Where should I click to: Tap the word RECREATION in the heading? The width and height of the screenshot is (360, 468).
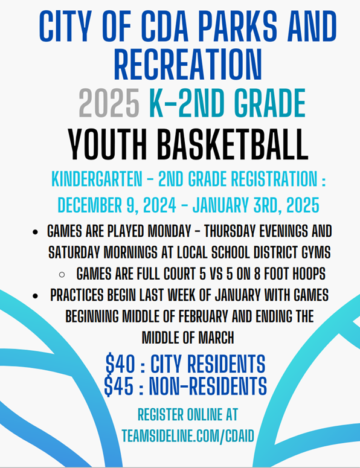(188, 65)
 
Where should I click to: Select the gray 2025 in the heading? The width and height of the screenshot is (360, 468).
(109, 103)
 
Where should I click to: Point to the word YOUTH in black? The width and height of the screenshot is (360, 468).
(108, 145)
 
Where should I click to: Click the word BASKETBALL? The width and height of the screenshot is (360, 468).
(233, 145)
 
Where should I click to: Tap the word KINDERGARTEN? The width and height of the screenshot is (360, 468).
(97, 179)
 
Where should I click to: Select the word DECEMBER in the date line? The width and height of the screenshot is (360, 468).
(90, 205)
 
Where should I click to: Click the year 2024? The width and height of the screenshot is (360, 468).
(159, 205)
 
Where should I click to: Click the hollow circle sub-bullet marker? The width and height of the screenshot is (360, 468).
(62, 274)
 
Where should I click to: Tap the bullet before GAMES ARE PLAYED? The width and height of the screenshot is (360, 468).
(35, 232)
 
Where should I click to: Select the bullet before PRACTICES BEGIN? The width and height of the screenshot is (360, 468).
(35, 296)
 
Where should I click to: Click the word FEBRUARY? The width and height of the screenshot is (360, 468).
(204, 316)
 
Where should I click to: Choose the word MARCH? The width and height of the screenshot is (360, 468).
(216, 338)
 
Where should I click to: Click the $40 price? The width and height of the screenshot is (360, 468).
(120, 364)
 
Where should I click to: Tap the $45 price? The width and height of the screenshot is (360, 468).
(119, 386)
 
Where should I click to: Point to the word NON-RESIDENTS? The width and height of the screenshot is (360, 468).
(208, 386)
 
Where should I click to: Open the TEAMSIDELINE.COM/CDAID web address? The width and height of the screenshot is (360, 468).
(188, 436)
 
